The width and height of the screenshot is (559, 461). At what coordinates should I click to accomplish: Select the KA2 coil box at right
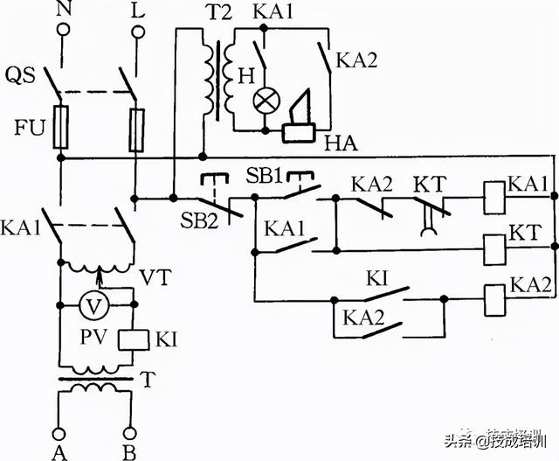coord(495,298)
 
